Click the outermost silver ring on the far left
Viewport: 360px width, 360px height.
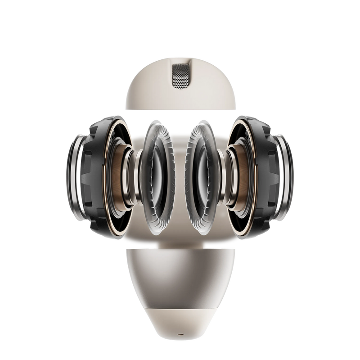tap(72, 175)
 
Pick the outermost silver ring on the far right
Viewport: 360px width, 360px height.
tap(288, 175)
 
